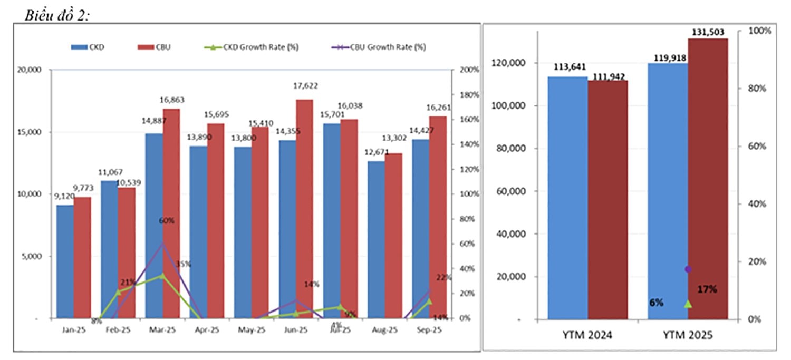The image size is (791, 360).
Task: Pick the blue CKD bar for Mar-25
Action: point(153,226)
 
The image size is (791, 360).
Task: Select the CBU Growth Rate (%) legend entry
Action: point(380,47)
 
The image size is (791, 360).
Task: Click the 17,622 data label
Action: point(307,85)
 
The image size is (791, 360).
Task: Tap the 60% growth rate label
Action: point(166,221)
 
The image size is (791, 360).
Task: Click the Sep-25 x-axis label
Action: point(429,330)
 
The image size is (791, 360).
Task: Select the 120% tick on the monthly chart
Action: point(468,169)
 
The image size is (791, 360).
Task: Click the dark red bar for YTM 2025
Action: point(708,179)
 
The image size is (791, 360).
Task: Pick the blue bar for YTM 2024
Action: point(567,198)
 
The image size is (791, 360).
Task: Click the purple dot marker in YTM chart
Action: point(688,269)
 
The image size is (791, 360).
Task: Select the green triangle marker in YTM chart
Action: point(688,304)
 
